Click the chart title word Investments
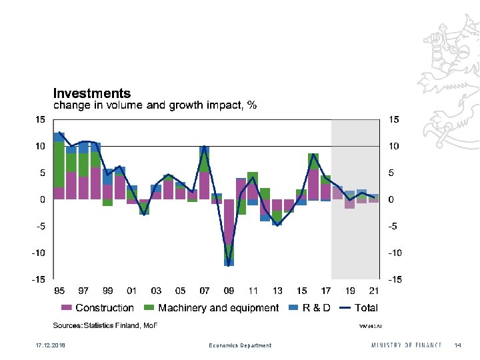point(92,94)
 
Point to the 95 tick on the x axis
point(59,291)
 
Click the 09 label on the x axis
point(229,291)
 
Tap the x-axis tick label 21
point(374,291)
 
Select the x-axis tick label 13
point(277,291)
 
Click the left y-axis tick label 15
point(41,119)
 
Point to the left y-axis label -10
point(39,253)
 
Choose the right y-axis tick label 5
point(391,173)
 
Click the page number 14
point(457,345)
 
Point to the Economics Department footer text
point(240,345)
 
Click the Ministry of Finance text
point(407,345)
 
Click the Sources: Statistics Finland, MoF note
point(105,325)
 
